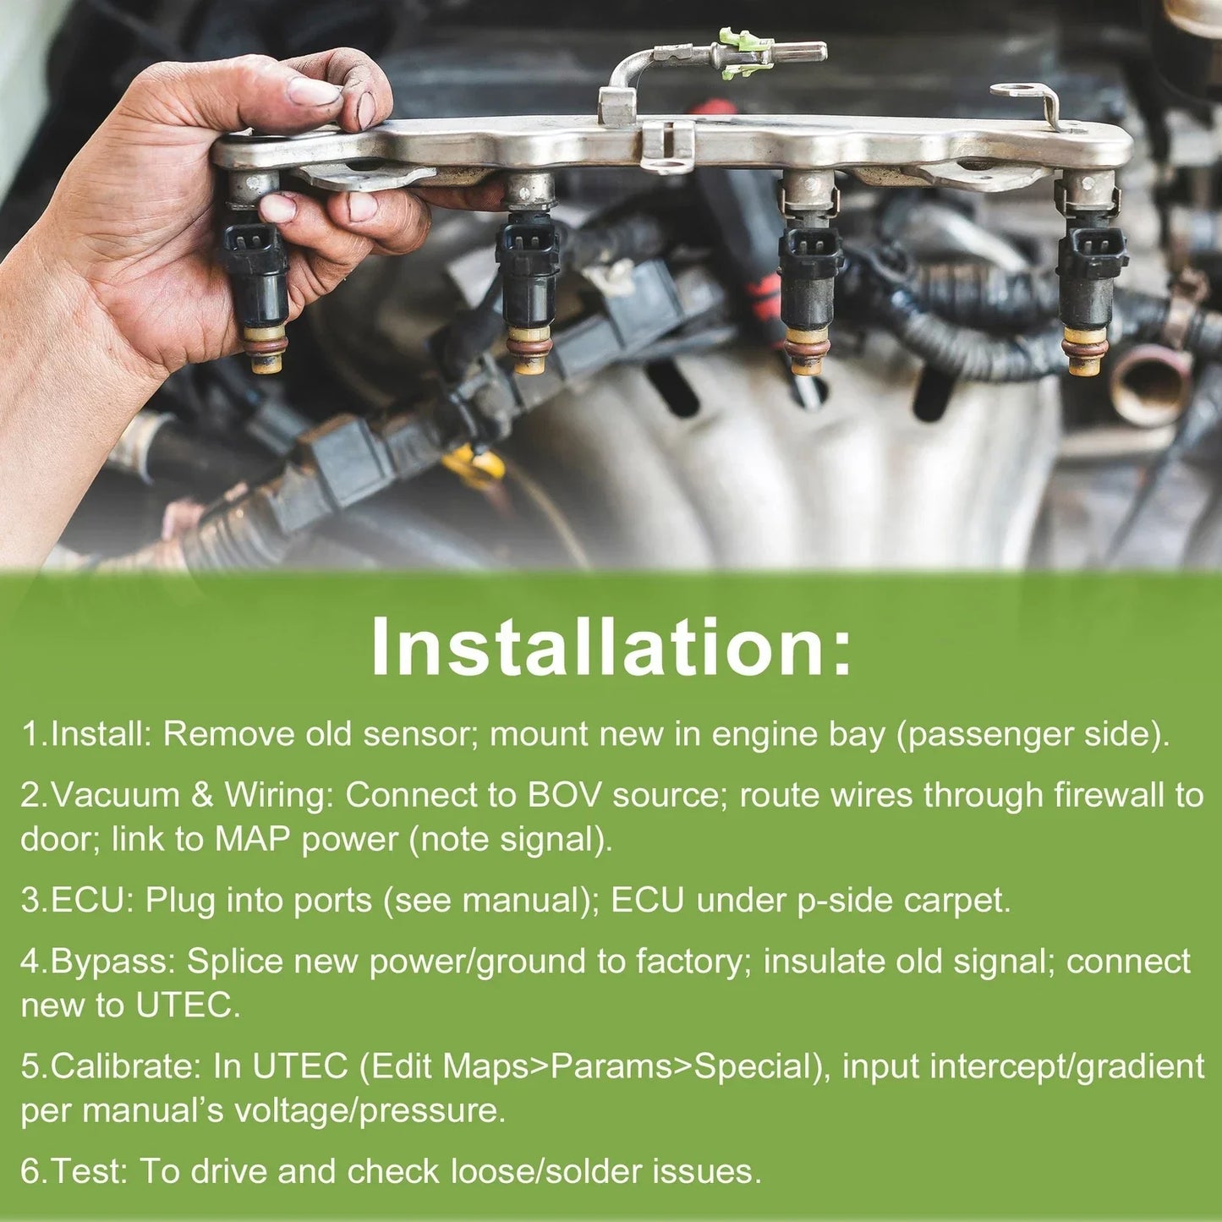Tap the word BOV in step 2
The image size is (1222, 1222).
click(563, 795)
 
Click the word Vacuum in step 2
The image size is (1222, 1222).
click(115, 795)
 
